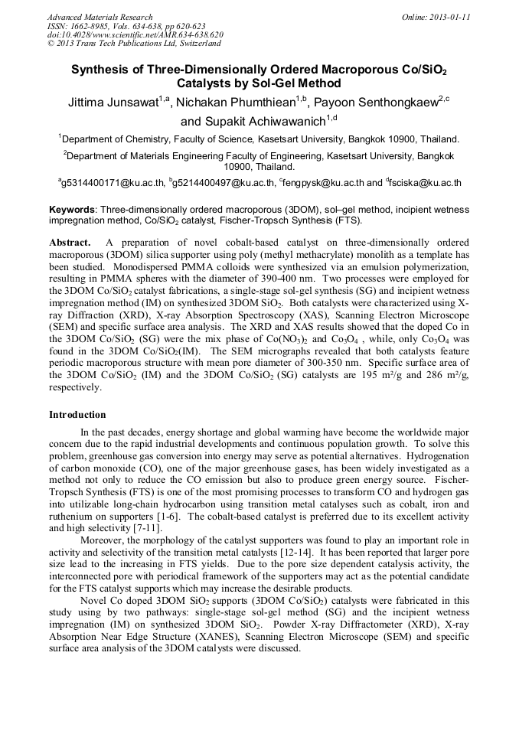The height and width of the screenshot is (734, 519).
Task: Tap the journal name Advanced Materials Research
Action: tap(100, 17)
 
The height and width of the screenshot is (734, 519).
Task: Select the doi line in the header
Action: tap(135, 34)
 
